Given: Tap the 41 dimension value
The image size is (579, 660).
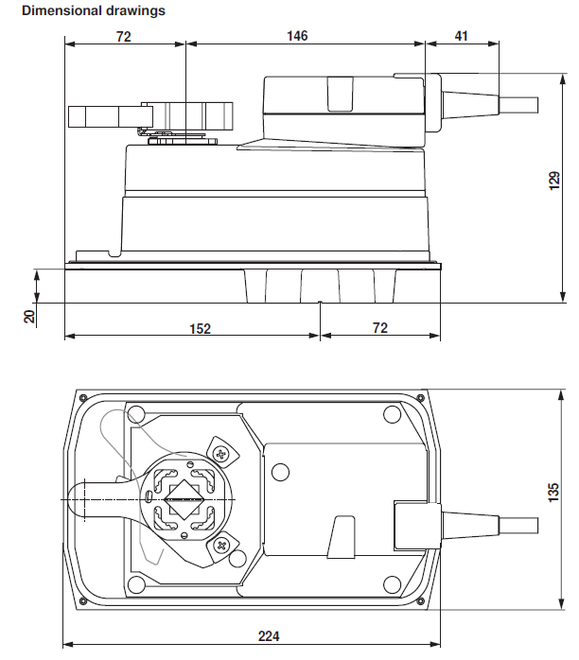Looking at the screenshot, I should [x=461, y=36].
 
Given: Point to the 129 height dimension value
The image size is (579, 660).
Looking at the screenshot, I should [x=555, y=182].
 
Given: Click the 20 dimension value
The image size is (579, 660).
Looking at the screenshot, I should [x=29, y=317].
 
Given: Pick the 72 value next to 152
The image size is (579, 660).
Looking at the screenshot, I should [x=377, y=328].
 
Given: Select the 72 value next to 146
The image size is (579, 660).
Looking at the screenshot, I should [x=123, y=36].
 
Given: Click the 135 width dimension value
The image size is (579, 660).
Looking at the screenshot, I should [x=555, y=494].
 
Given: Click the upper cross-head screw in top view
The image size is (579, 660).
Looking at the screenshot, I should [x=222, y=454].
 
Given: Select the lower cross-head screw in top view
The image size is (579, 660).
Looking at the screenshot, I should [x=222, y=544].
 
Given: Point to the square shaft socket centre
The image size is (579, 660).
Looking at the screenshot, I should [x=186, y=498].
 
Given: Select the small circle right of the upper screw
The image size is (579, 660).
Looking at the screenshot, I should [x=279, y=472].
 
